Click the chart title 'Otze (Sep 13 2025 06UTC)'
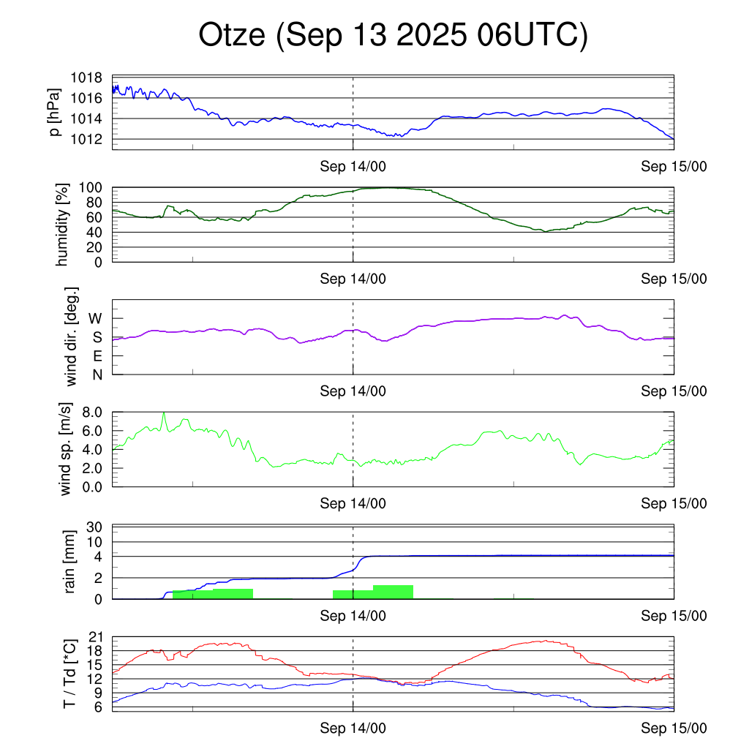pos(394,35)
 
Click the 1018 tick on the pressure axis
pos(87,78)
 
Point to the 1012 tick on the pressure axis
pos(87,139)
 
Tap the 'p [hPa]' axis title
pos(56,112)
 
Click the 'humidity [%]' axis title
pos(63,225)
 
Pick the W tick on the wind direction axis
pos(97,319)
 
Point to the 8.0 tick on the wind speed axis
pos(91,413)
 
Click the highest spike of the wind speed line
pos(164,413)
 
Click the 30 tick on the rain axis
pos(96,527)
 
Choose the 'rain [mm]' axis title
pos(70,562)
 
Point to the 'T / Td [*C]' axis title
pos(69,674)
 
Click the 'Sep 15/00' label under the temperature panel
pos(674,729)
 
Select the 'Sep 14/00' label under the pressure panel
pos(353,167)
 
